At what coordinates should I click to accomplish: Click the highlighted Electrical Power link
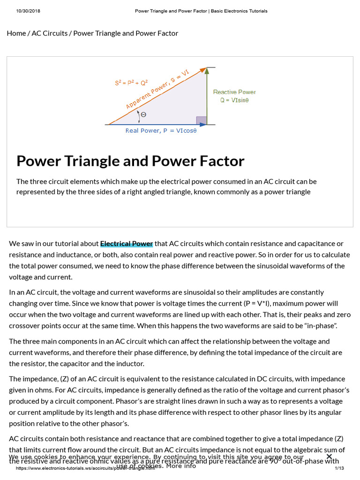[x=126, y=244]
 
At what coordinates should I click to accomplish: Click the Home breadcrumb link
[x=16, y=33]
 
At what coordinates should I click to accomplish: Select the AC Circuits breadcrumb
[x=50, y=33]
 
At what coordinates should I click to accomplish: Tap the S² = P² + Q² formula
[x=131, y=82]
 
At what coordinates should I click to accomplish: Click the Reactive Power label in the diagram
[x=234, y=92]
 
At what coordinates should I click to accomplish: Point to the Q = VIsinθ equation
[x=234, y=100]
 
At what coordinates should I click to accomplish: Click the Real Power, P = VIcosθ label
[x=161, y=131]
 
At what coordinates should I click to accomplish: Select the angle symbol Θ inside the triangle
[x=143, y=114]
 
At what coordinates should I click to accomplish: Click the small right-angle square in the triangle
[x=201, y=120]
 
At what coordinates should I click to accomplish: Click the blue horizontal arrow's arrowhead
[x=202, y=125]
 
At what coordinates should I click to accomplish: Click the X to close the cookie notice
[x=329, y=457]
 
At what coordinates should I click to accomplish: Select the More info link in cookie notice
[x=181, y=466]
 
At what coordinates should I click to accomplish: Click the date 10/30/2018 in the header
[x=27, y=11]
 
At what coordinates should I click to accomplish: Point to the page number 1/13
[x=339, y=468]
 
